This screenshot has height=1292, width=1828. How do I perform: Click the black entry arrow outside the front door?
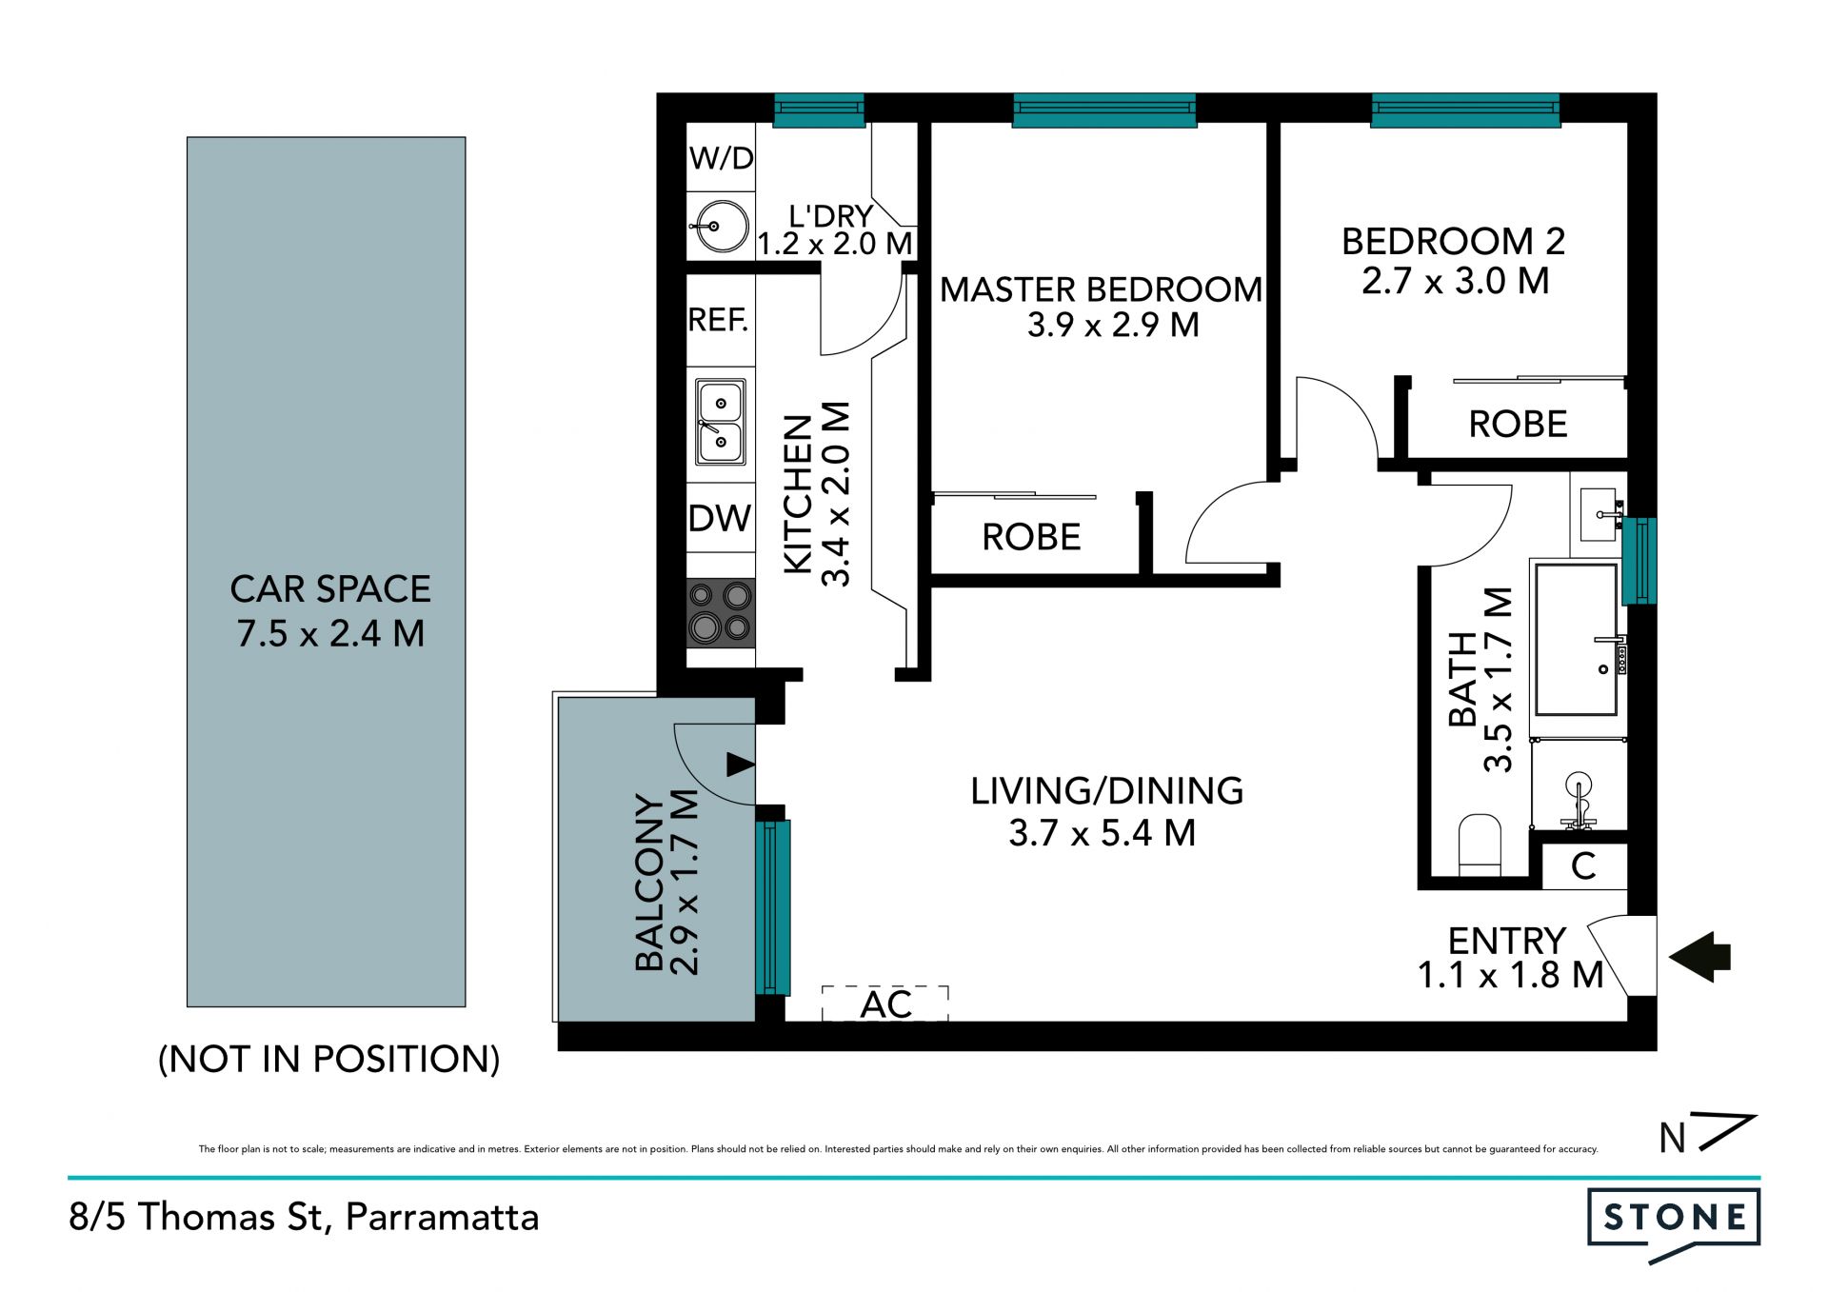[1700, 957]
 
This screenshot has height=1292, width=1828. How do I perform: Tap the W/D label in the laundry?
[721, 158]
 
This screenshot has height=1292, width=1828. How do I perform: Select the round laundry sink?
[720, 227]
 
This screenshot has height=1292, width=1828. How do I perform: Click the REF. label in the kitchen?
[718, 320]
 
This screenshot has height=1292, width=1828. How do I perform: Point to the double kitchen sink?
[721, 422]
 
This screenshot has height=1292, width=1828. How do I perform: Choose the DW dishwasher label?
[720, 519]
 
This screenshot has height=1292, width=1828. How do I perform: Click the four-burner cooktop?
[721, 613]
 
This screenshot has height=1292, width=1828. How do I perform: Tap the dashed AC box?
[885, 1004]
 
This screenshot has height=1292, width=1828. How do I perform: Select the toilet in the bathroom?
[1480, 844]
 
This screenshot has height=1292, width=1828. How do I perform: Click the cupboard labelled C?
[1583, 866]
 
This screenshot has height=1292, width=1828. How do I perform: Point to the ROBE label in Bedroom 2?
[1518, 425]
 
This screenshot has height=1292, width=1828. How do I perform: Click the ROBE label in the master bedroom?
[1031, 538]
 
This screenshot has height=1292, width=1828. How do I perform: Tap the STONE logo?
[1674, 1223]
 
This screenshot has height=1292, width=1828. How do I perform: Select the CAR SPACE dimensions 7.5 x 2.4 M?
[330, 634]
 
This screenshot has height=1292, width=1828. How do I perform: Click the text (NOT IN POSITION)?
[328, 1059]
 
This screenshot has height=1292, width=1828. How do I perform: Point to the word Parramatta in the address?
[442, 1217]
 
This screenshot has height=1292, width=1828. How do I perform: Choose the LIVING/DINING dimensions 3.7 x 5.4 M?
[1103, 833]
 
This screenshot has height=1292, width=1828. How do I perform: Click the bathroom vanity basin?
[1599, 514]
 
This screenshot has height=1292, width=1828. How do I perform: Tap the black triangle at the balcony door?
[741, 764]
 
